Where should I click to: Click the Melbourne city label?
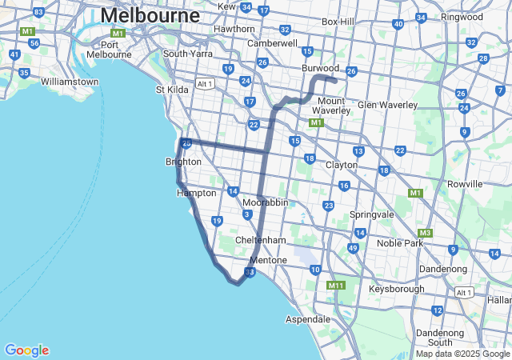[150, 15]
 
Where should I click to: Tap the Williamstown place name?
[70, 82]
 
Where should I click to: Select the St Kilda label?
[172, 90]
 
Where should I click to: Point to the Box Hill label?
[338, 22]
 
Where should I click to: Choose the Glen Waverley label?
[388, 105]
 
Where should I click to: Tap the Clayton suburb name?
[342, 165]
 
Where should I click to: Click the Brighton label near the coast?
[183, 162]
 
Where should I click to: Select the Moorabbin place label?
[265, 202]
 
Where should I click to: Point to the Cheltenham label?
[261, 240]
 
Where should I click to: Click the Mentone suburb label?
[268, 261]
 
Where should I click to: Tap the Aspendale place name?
[308, 319]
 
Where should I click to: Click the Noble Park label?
[399, 242]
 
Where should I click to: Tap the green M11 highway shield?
[335, 285]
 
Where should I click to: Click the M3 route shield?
[425, 233]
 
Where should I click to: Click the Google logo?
[26, 350]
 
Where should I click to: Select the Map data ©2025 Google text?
[462, 354]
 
